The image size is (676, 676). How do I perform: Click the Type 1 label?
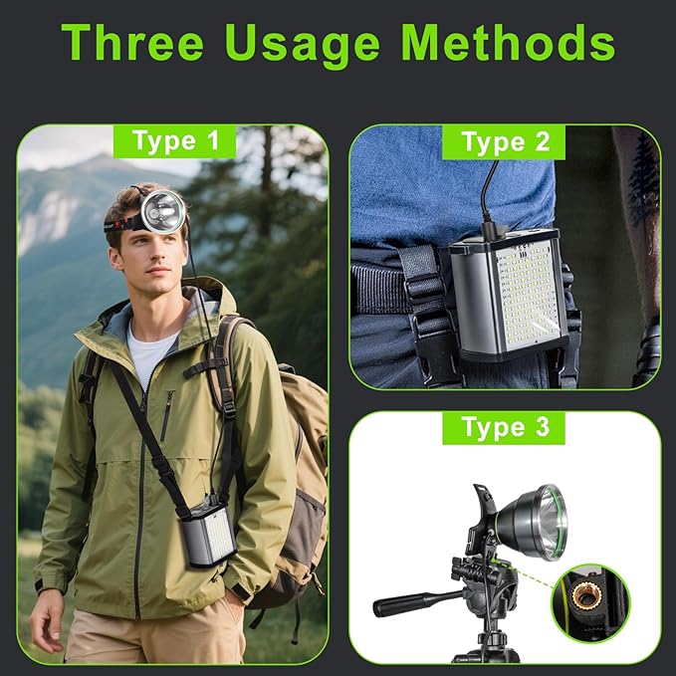point(175,141)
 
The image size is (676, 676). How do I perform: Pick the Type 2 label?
point(505,141)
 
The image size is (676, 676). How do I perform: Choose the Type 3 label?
point(505,428)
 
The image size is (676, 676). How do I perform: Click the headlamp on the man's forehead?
point(161,210)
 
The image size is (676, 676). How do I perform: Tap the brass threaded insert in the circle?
point(590,598)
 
